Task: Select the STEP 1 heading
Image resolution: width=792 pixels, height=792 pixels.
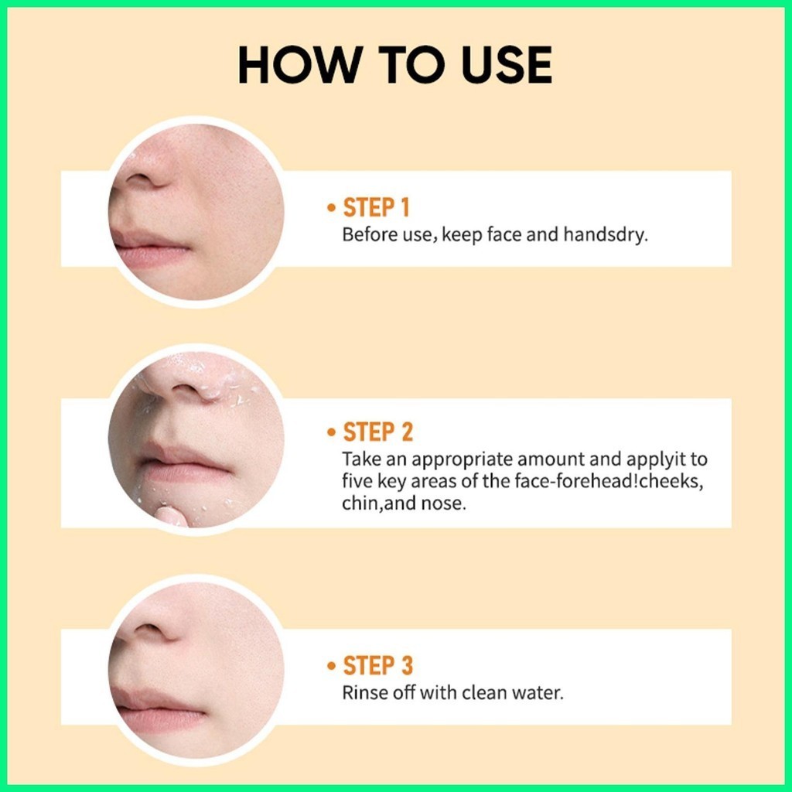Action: [376, 207]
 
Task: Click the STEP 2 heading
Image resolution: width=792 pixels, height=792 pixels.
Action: [377, 432]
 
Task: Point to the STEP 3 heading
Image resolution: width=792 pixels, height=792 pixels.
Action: [377, 665]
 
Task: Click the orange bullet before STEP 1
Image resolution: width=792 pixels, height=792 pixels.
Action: [331, 207]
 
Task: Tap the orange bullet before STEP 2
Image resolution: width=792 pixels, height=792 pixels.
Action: [331, 432]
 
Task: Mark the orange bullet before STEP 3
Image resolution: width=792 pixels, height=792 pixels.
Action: [331, 666]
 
